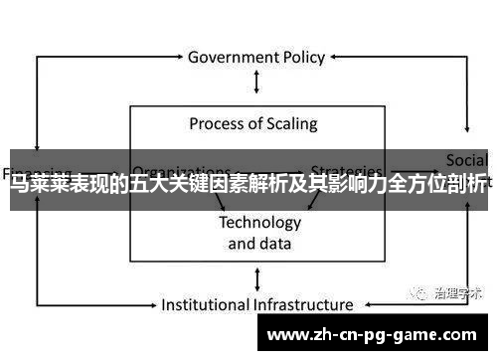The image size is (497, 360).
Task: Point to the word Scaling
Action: click(292, 124)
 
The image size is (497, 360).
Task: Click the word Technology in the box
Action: click(259, 222)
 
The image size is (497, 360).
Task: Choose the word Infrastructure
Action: click(304, 304)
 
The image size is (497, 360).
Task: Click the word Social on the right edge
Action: click(466, 159)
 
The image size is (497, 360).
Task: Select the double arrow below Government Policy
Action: click(257, 83)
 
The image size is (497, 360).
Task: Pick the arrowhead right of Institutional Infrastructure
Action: click(362, 304)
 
